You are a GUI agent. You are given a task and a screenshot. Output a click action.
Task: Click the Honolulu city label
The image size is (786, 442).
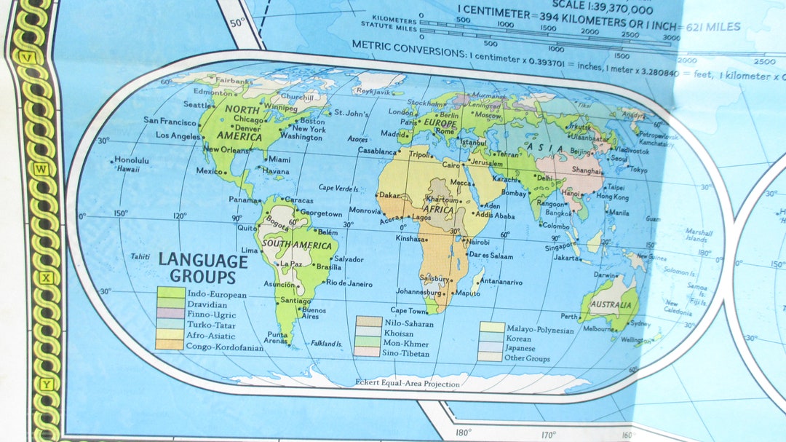[x=132, y=160]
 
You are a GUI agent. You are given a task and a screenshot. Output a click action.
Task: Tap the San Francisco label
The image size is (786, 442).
[x=170, y=121]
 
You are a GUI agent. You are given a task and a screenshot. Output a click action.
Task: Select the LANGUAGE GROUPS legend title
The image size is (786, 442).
[x=203, y=268]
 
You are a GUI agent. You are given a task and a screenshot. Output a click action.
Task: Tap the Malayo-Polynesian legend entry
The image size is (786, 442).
[x=540, y=330]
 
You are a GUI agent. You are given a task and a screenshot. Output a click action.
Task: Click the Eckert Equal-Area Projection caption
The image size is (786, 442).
[x=408, y=384]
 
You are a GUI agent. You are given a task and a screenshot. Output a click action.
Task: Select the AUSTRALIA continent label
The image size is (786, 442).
[x=609, y=304]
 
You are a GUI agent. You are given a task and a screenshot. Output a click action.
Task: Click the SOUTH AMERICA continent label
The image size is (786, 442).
[x=297, y=245]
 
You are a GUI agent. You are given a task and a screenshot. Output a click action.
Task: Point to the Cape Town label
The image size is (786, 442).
[x=413, y=310]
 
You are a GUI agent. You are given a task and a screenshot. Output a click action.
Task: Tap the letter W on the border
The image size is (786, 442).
[x=41, y=170]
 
